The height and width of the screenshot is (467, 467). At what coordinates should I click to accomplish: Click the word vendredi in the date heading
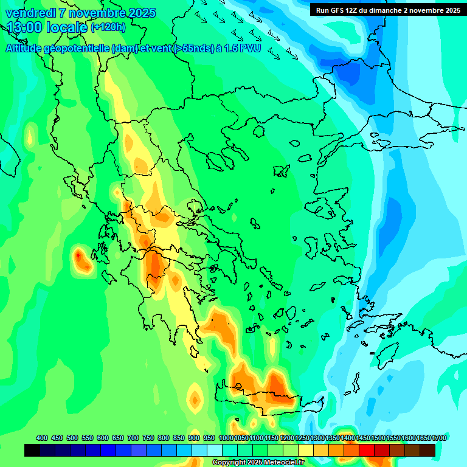30,13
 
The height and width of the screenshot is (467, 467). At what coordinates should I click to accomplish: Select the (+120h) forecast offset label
108,27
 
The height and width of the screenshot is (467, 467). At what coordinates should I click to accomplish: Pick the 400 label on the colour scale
42,438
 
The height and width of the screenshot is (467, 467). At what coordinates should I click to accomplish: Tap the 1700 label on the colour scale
439,438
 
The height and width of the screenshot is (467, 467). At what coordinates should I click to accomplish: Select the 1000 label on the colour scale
226,438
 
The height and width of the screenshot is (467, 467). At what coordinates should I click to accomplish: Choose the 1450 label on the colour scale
362,438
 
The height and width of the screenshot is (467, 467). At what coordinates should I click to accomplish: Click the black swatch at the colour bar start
32,450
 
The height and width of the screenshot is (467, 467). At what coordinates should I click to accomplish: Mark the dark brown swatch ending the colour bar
427,450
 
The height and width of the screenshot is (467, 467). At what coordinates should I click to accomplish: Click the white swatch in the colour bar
215,450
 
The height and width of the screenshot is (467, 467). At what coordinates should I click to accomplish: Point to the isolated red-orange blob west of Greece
80,258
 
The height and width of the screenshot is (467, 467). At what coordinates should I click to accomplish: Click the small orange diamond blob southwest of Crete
195,399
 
